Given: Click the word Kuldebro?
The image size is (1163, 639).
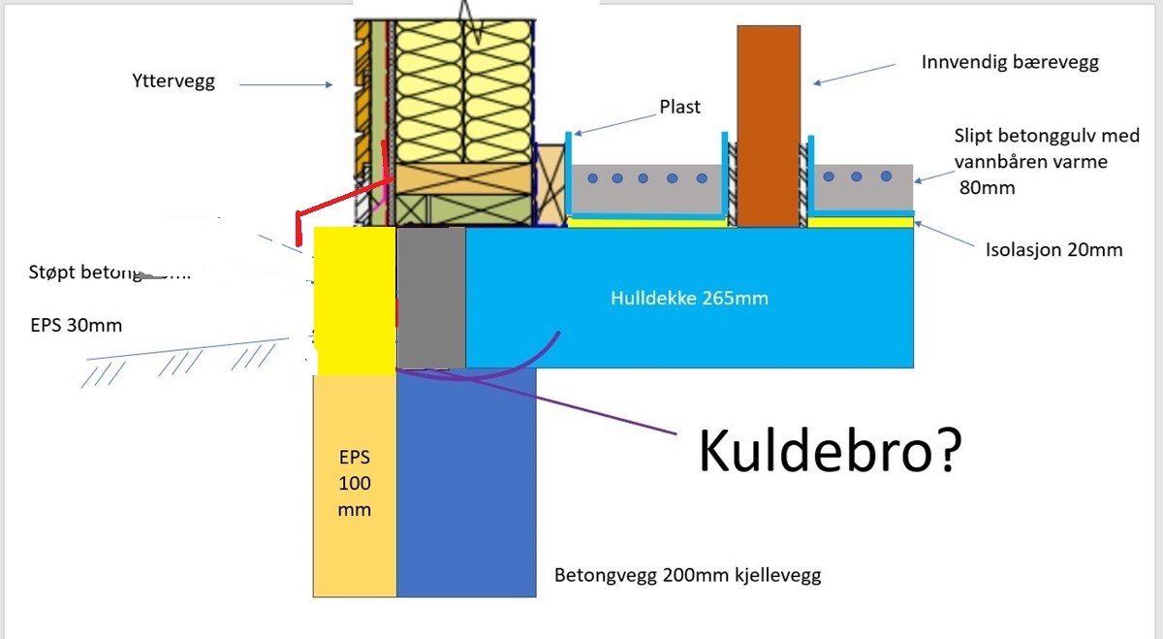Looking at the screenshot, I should click(830, 451).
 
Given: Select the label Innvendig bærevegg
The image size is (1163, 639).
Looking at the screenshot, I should click(1010, 63).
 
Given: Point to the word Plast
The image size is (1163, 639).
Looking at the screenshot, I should click(679, 107).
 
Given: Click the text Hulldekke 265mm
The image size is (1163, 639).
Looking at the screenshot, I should click(689, 298).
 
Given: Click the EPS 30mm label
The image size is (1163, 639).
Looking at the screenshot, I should click(77, 325).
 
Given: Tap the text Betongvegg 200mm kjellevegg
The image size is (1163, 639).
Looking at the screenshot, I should click(687, 576).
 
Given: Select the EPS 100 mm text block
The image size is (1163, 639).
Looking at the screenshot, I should click(355, 483).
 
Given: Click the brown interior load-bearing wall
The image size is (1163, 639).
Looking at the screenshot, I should click(769, 126).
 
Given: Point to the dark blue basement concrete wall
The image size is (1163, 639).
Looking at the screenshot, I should click(466, 485).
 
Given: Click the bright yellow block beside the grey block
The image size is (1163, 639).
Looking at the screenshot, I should click(355, 299).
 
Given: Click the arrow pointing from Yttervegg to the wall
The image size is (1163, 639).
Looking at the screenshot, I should click(285, 85).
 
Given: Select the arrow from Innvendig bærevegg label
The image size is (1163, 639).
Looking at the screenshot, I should click(854, 75).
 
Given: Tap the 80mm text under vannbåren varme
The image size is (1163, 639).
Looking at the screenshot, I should click(987, 187).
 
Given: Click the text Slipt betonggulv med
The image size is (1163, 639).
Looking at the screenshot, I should click(1047, 136).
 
